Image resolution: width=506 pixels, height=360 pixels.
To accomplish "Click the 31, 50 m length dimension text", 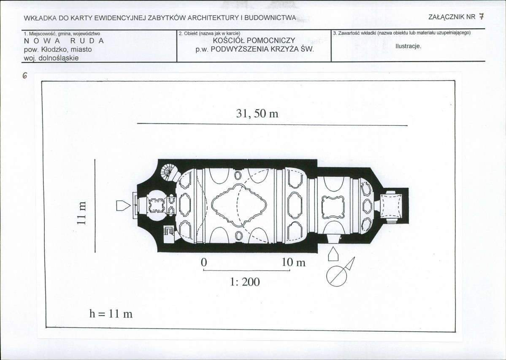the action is tap(257, 114).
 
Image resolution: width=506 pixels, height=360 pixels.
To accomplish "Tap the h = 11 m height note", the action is tap(111, 314).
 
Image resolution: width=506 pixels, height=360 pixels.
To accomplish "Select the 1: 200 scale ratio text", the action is tap(245, 282).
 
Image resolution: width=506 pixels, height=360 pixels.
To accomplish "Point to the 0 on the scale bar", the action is tap(204, 263).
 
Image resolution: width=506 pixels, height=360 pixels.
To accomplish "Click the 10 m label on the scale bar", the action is tap(294, 263).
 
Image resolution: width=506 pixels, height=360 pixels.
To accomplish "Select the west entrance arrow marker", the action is tap(123, 205).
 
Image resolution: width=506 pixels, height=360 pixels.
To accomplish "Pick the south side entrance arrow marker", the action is tap(333, 254).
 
